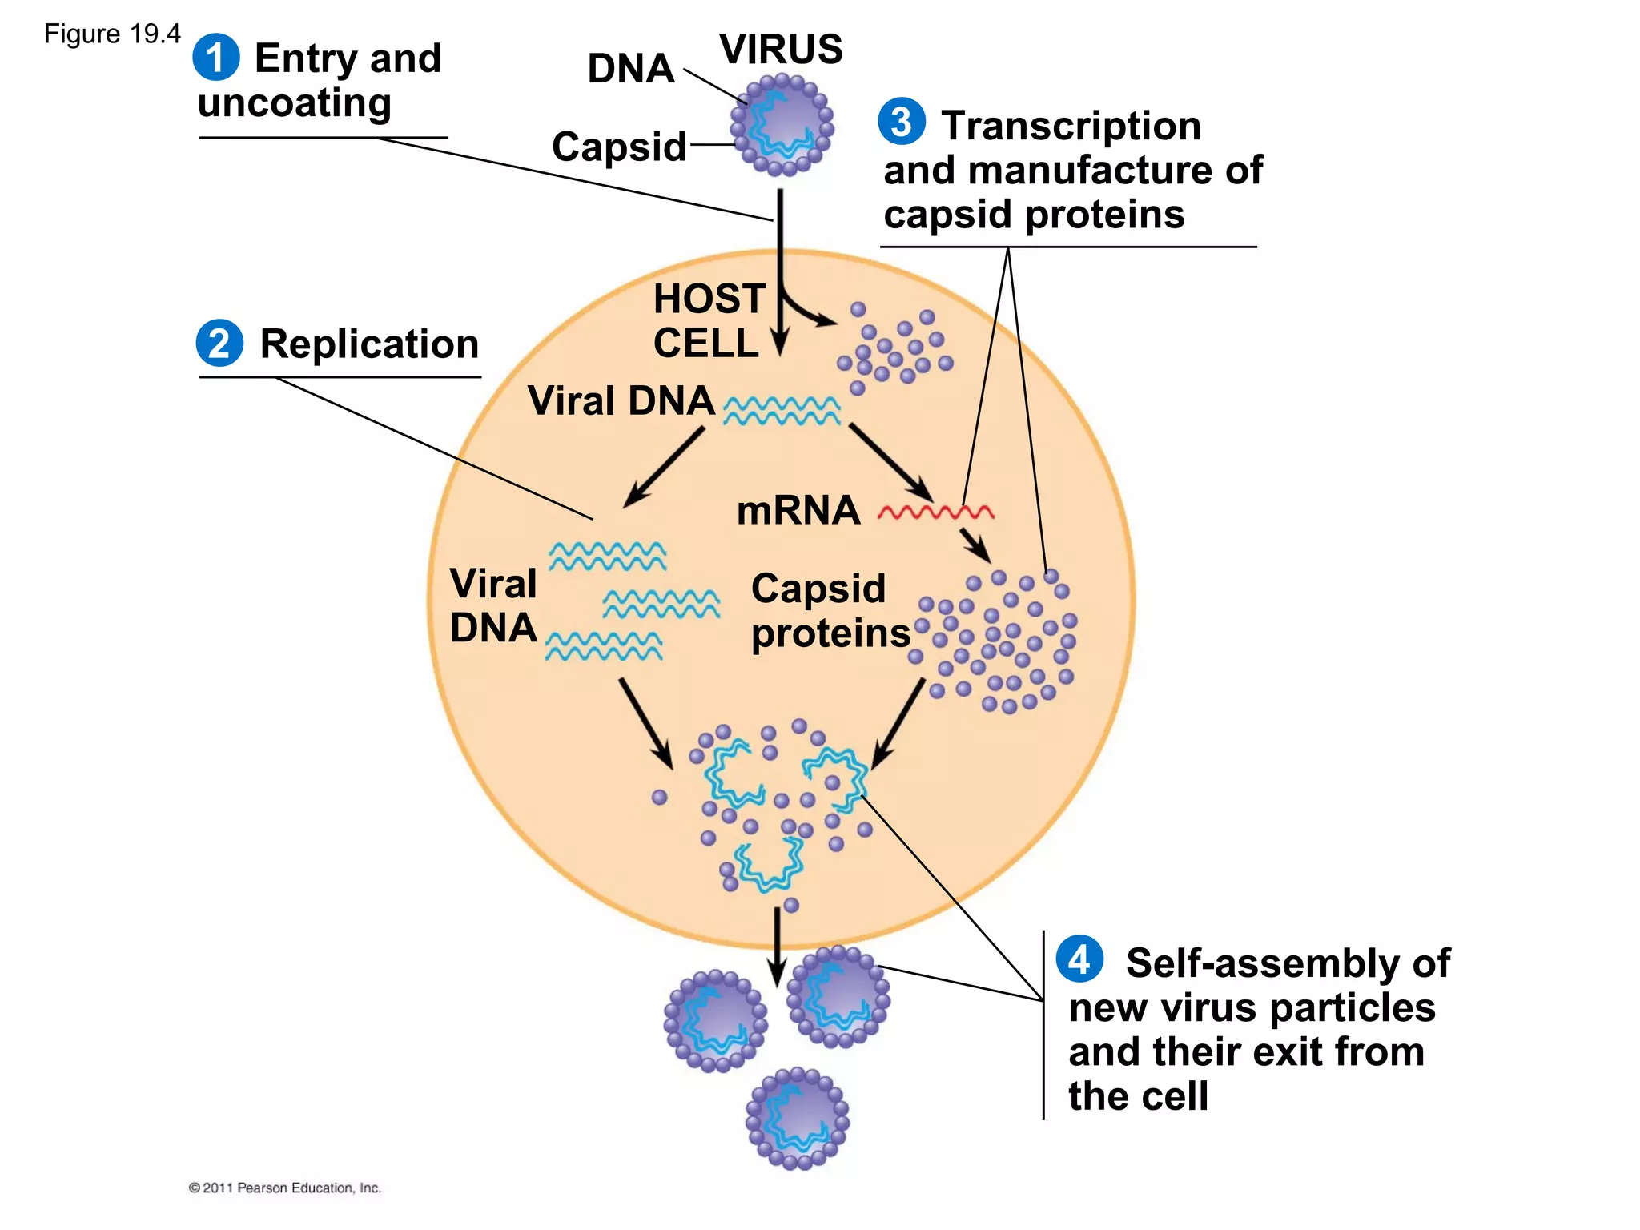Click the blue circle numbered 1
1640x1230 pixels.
[x=215, y=58]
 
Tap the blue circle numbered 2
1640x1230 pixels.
[x=219, y=344]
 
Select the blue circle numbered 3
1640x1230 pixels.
[x=902, y=122]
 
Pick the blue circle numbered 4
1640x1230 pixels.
[x=1079, y=959]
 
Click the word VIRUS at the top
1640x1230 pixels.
[x=781, y=50]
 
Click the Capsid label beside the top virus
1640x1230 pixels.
[x=619, y=147]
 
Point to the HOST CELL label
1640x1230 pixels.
[x=708, y=321]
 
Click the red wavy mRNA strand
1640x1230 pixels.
[x=936, y=512]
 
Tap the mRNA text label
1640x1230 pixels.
[x=798, y=511]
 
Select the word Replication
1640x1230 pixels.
[x=369, y=344]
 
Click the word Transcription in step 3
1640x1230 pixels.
[x=1071, y=126]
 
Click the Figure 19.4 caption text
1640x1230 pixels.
[x=112, y=34]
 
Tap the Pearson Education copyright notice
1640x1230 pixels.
[x=285, y=1188]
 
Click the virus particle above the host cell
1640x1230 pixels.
[x=782, y=125]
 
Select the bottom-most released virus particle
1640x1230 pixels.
[x=797, y=1118]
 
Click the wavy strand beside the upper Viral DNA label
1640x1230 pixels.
[x=782, y=411]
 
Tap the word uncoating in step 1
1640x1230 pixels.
[x=295, y=103]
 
